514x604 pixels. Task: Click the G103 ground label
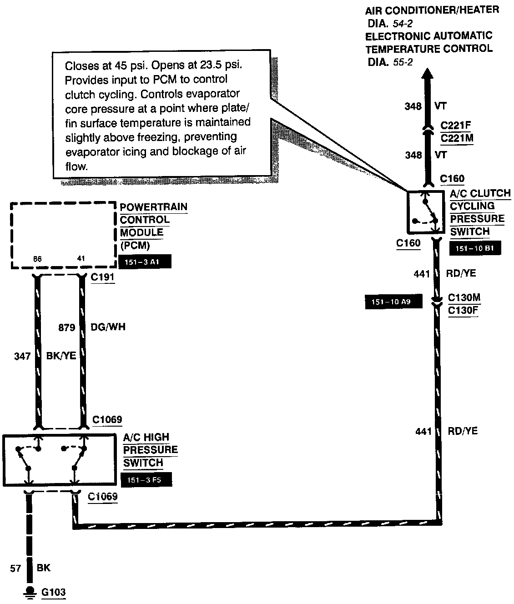click(53, 592)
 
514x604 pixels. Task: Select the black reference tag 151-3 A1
click(145, 262)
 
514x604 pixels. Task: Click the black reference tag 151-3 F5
click(147, 480)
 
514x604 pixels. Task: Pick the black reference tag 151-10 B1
click(475, 249)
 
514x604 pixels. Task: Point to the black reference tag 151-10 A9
click(394, 302)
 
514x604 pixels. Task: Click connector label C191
click(102, 277)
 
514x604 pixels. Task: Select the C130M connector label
click(464, 298)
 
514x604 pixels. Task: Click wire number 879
click(67, 327)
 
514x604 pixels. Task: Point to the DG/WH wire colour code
click(108, 327)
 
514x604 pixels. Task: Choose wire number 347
click(22, 356)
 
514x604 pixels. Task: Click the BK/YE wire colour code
click(61, 356)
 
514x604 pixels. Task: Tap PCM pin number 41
click(81, 259)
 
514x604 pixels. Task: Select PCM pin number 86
click(37, 259)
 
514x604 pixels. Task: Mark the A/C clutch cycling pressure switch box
click(424, 211)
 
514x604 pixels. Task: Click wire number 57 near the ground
click(16, 568)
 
